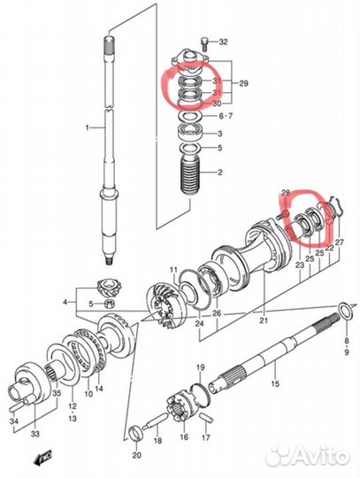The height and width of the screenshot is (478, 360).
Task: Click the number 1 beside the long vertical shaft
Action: point(87,129)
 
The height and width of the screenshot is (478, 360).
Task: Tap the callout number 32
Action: point(223,42)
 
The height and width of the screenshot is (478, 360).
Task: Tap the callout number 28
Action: point(285,192)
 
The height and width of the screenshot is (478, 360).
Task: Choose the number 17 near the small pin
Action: point(205,436)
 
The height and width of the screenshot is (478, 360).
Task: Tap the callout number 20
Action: point(136,455)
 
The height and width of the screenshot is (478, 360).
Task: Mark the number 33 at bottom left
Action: point(34,435)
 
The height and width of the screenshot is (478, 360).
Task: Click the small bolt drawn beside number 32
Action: point(204,42)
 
